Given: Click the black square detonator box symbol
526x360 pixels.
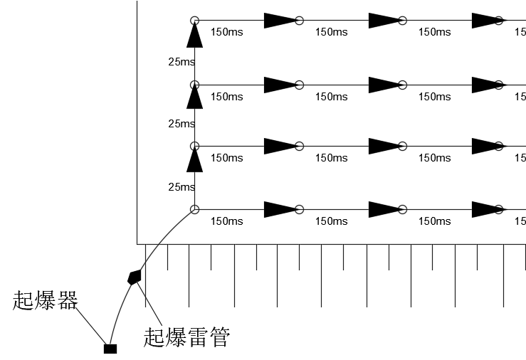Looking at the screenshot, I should [x=110, y=349].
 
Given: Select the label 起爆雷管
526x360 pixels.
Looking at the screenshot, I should [x=186, y=336].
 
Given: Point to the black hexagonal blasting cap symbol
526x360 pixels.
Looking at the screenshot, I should [x=134, y=277].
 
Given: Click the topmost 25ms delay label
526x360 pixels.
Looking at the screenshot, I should [x=182, y=63].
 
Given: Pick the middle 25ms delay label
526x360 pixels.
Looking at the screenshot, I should [x=182, y=124].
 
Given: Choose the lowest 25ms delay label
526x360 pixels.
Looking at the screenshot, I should [x=182, y=187].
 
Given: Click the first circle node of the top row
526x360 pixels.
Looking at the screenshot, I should [x=194, y=21].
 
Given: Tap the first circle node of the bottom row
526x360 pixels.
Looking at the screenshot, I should [x=194, y=209].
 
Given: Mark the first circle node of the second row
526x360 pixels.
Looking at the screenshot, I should [x=194, y=85].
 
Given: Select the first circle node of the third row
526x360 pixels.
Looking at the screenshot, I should [x=194, y=147].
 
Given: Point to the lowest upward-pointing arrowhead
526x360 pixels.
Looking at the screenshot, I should [x=194, y=161].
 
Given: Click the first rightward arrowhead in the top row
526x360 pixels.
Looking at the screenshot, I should [x=279, y=21].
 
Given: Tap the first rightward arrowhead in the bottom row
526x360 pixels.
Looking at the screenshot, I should [x=279, y=209].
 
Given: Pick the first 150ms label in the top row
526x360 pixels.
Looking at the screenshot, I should [x=227, y=32].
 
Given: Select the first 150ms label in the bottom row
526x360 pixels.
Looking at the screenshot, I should [x=227, y=221].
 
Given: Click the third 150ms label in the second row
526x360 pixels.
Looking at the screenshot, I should [x=434, y=97].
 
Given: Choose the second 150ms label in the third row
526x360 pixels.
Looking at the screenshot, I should [x=331, y=158].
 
